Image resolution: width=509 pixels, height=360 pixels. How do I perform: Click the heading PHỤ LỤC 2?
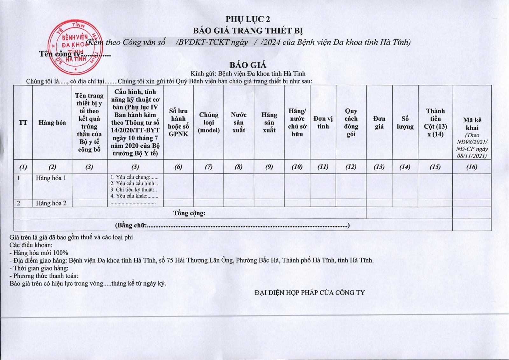pos(248,19)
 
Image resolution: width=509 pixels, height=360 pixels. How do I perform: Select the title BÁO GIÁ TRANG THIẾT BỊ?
pos(248,31)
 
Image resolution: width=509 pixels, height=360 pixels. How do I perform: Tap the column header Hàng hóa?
pos(52,123)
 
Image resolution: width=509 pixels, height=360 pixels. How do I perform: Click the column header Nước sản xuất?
pos(239,123)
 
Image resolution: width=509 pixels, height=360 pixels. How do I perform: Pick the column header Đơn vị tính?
pos(323,123)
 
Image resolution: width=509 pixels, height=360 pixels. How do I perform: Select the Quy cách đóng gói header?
pos(351,123)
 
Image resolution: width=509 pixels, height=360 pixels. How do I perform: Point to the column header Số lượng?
pos(405,123)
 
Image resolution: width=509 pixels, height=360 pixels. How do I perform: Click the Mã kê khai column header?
pos(472,124)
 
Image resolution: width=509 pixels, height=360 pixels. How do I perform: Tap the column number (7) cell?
pos(208,167)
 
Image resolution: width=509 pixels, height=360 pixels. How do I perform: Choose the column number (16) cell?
pos(472,167)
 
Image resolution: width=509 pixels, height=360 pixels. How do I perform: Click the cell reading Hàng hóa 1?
pos(51,178)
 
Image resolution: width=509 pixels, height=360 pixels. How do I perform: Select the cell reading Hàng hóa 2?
pos(51,203)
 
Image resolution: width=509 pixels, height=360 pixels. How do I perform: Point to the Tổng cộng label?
pos(189,213)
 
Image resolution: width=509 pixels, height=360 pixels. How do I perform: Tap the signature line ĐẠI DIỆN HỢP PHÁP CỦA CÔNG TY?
pos(310,292)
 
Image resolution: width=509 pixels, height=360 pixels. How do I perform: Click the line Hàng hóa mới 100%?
pos(39,253)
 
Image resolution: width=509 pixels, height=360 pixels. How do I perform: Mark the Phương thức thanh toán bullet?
pos(44,276)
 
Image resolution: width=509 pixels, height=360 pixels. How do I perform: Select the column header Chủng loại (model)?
pos(209,123)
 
